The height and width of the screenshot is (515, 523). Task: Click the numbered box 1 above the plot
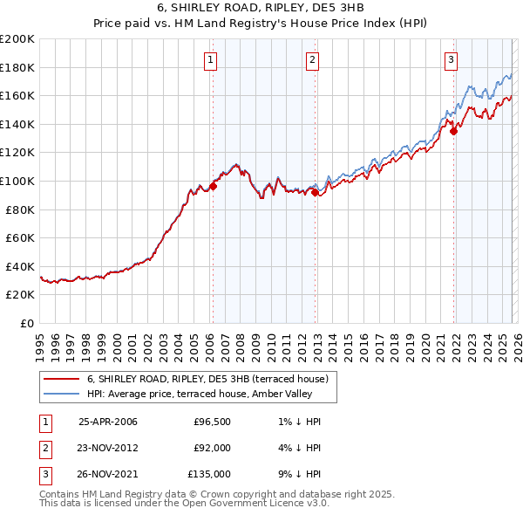pos(212,60)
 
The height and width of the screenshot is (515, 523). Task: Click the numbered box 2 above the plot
pos(312,60)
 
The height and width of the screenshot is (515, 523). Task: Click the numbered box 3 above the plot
pos(451,60)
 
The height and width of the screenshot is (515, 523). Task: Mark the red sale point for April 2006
pos(213,186)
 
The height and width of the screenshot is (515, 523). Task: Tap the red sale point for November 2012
pos(315,193)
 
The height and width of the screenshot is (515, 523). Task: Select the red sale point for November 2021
pos(454,132)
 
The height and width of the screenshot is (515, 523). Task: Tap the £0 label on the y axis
pos(25,323)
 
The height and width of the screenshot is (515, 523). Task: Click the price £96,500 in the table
pos(212,422)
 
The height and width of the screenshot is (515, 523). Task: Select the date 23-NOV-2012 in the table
pos(108,448)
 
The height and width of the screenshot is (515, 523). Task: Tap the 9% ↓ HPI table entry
pos(302,474)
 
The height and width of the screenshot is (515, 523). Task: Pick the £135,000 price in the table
pos(209,474)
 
